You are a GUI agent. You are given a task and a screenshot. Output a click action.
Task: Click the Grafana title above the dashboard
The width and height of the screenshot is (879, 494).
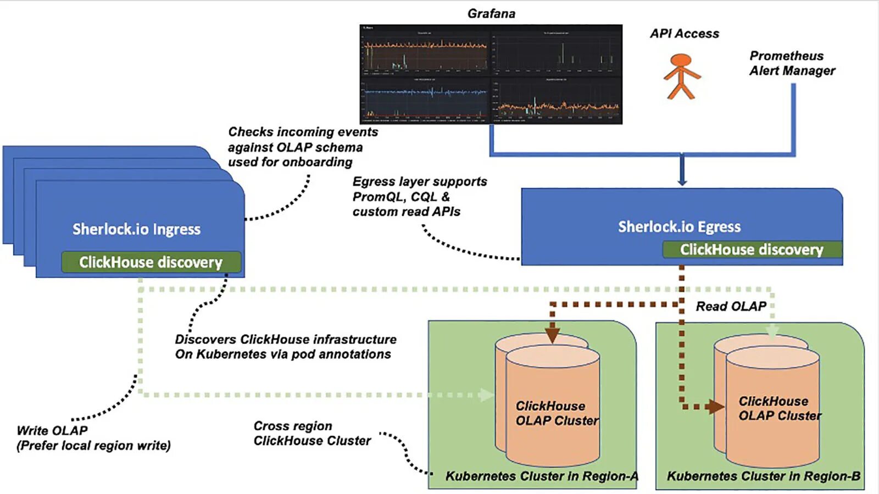[491, 14]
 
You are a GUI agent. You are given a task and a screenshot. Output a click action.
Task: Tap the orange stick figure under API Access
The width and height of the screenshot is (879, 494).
[681, 76]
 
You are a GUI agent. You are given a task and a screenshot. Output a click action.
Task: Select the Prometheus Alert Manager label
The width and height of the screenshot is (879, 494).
[792, 63]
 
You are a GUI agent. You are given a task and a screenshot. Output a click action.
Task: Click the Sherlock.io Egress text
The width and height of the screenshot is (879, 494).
[679, 226]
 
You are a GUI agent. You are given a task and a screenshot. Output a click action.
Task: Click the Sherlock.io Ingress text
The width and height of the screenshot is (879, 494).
[136, 229]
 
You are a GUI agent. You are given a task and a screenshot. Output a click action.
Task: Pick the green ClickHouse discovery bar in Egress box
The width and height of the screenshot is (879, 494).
[752, 249]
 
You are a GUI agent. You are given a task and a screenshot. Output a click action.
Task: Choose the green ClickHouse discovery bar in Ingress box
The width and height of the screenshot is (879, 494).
[151, 262]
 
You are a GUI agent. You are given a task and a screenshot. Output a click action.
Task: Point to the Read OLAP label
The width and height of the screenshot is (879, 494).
[731, 307]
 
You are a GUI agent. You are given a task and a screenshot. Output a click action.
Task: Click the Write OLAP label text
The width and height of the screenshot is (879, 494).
[52, 431]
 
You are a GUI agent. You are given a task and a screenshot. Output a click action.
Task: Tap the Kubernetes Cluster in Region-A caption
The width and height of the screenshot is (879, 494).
[541, 476]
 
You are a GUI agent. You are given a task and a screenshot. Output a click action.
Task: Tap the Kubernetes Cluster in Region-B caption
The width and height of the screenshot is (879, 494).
[763, 476]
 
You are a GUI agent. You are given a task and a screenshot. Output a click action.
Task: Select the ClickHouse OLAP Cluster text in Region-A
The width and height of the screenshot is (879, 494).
[557, 413]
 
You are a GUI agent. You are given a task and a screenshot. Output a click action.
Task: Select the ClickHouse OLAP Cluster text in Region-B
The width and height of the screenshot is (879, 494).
[780, 408]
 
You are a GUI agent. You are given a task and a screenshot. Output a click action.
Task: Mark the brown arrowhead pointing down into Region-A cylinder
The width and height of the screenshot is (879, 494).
[553, 334]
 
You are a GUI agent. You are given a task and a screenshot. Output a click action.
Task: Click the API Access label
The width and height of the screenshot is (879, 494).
[684, 34]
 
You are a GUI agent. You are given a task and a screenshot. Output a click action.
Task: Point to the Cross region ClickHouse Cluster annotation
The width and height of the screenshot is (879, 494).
[312, 434]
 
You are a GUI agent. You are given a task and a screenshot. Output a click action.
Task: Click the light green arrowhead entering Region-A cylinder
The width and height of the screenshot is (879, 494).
[486, 395]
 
